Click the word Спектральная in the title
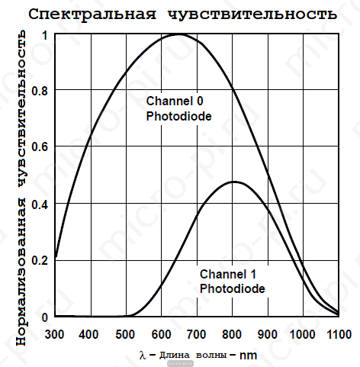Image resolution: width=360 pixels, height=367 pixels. tap(92, 14)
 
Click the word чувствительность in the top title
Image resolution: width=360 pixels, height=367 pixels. tap(252, 14)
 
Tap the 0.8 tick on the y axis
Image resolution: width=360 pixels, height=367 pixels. tap(40, 91)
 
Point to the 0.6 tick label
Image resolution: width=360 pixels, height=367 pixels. tap(40, 147)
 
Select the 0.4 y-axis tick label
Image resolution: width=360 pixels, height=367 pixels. tap(40, 204)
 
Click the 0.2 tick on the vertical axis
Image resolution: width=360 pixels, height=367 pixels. tap(40, 261)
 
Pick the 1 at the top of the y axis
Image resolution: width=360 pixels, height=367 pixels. tap(45, 35)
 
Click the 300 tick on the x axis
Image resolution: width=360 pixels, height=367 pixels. tap(54, 334)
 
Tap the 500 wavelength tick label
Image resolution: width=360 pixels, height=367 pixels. tap(125, 334)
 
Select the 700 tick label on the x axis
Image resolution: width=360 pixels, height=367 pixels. tap(196, 334)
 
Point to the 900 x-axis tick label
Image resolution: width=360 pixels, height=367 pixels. tap(267, 334)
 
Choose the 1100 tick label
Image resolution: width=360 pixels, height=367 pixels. tap(339, 334)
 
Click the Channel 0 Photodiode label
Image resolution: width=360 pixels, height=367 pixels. tap(178, 108)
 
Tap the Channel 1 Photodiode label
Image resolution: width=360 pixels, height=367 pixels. tap(233, 282)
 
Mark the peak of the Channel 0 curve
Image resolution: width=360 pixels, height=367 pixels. tap(178, 34)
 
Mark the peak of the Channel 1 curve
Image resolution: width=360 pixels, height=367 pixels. tap(234, 182)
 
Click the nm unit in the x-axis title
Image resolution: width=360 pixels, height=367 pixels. tap(248, 356)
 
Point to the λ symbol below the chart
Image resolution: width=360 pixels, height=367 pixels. tap(143, 355)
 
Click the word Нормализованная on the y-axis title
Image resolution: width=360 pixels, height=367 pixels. tap(21, 272)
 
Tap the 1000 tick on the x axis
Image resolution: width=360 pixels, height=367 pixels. tap(303, 334)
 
